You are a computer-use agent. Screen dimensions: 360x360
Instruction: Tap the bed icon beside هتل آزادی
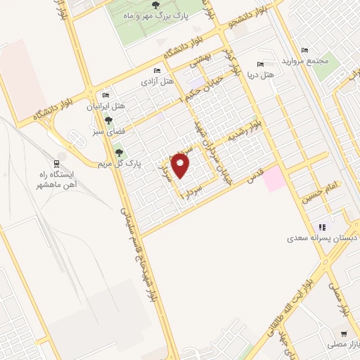157,71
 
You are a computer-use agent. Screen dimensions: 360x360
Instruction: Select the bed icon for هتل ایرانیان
105,96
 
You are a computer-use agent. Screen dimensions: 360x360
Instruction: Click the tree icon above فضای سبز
108,120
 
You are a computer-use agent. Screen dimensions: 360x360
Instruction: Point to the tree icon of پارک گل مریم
117,150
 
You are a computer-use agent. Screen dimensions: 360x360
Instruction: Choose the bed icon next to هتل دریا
261,64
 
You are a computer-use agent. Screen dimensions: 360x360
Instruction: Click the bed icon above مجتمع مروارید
304,50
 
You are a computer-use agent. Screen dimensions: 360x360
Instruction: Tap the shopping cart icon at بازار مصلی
343,334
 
